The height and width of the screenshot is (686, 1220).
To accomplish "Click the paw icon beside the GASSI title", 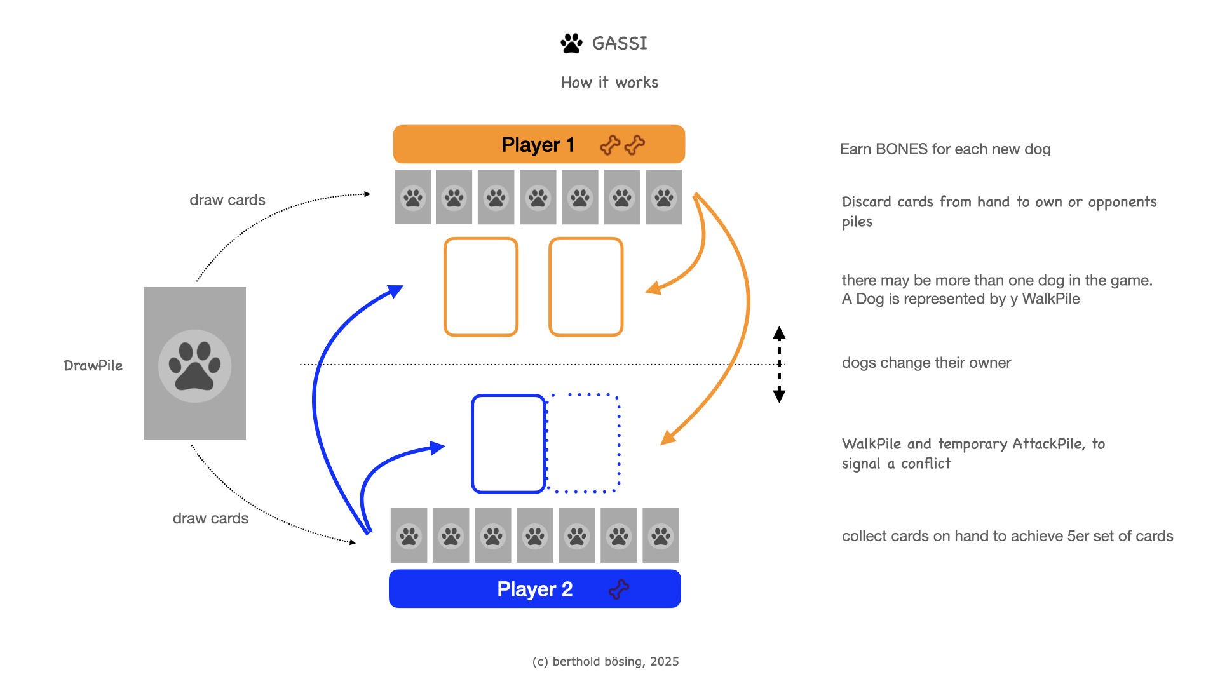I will click(x=571, y=43).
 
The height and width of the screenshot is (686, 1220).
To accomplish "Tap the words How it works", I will click(x=609, y=83).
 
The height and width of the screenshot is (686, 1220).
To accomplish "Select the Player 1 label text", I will click(x=538, y=145).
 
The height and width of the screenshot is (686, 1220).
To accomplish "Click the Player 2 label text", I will click(x=534, y=589).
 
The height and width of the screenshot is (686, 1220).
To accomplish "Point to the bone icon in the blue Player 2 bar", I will click(x=619, y=589).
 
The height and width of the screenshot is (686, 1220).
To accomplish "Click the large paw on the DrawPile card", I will click(x=194, y=366).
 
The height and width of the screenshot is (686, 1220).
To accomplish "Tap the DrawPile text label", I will click(x=93, y=366).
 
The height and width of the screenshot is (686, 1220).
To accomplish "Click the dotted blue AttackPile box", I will click(x=583, y=443).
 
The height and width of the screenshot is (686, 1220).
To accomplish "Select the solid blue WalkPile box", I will click(x=508, y=443).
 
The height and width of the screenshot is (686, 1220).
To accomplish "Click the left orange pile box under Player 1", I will click(x=481, y=286).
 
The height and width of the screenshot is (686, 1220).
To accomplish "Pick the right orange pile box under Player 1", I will click(x=586, y=286).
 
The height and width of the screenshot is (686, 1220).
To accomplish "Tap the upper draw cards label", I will click(x=227, y=200).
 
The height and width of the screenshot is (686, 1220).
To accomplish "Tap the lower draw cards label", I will click(x=210, y=518).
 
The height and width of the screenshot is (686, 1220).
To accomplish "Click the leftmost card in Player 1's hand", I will click(x=413, y=197).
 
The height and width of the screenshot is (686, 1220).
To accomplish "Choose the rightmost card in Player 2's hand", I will click(x=661, y=535).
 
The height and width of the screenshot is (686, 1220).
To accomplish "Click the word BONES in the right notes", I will click(x=902, y=149).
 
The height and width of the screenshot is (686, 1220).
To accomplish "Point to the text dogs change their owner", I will click(x=926, y=363).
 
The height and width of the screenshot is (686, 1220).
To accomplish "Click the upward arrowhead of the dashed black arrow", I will click(x=779, y=333).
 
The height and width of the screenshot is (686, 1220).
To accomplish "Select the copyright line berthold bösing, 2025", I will click(x=606, y=662).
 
